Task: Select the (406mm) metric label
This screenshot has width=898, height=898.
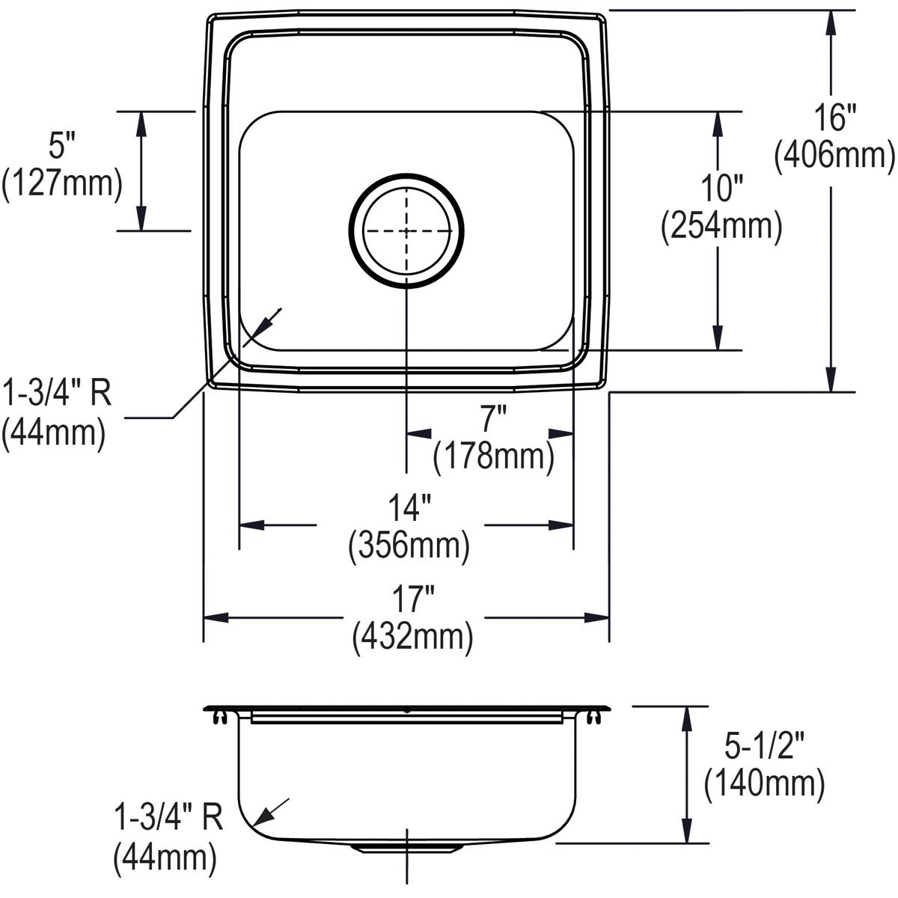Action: pyautogui.click(x=834, y=156)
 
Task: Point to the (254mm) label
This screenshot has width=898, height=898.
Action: pyautogui.click(x=721, y=226)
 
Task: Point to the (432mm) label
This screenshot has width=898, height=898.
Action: pyautogui.click(x=412, y=637)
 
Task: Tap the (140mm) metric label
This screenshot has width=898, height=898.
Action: pyautogui.click(x=764, y=784)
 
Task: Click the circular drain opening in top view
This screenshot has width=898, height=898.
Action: pyautogui.click(x=406, y=230)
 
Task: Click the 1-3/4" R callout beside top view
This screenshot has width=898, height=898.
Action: pyautogui.click(x=57, y=393)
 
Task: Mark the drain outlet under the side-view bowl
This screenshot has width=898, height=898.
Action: pyautogui.click(x=406, y=846)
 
